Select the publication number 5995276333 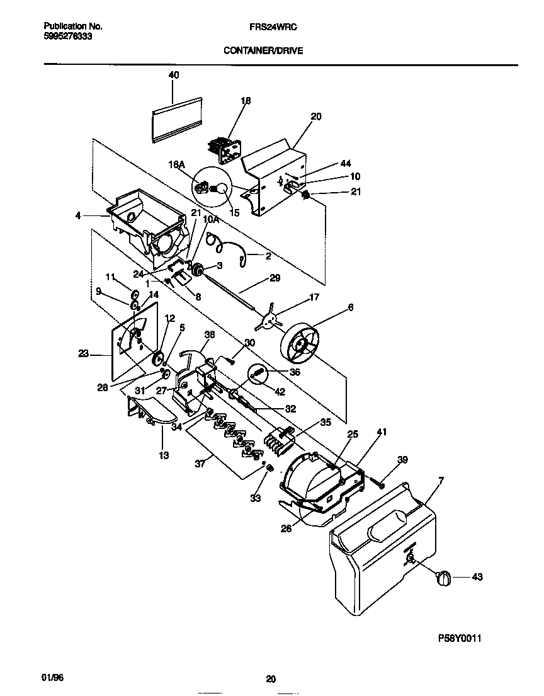point(67,37)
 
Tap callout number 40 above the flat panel point(174,75)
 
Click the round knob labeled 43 point(444,577)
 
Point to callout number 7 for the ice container point(441,481)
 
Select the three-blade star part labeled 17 point(269,321)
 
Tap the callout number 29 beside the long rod point(275,277)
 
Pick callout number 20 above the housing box point(316,117)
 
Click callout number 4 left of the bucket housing point(78,216)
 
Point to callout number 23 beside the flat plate point(83,354)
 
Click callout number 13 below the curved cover point(163,455)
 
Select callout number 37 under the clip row point(200,464)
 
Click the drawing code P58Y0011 point(460,638)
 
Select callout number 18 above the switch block point(246,101)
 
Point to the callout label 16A point(176,165)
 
